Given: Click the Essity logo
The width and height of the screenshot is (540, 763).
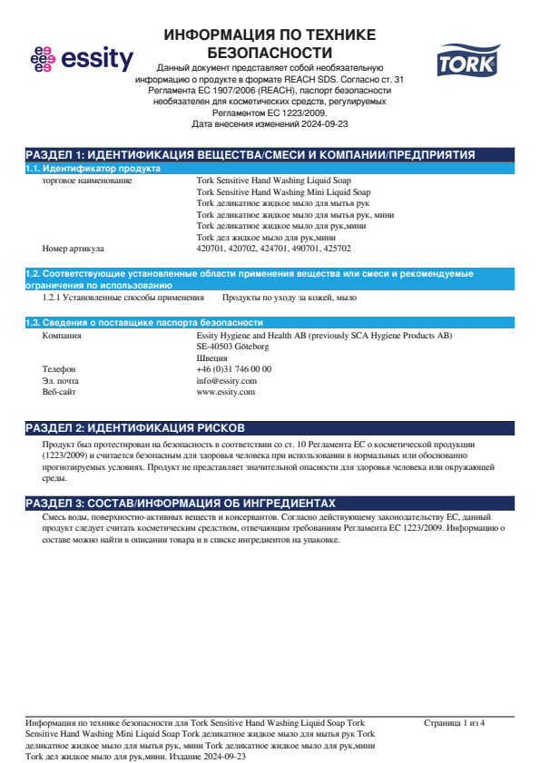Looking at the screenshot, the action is pos(82,60).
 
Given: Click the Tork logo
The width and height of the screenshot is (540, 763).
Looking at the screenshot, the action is pos(463,62).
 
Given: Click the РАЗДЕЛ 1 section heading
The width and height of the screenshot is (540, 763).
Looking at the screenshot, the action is pos(250,155).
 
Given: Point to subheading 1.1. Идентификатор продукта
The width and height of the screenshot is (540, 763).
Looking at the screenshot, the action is pos(93,169).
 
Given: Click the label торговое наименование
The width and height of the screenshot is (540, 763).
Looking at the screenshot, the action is pos(87,181).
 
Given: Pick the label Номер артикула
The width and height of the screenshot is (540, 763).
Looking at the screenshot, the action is pos(74,248).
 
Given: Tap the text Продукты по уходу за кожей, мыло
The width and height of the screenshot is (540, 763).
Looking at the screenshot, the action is pos(290,298).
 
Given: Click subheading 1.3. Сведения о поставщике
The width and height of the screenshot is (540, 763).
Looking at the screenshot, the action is pos(144,323).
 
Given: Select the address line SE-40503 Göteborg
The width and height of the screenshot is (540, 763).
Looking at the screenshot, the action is pos(232,347).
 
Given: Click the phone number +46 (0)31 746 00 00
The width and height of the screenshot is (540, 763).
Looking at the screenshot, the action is pos(233,369).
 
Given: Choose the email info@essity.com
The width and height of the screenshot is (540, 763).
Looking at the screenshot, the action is pos(226,381).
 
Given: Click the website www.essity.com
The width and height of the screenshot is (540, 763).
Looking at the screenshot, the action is pos(225,392).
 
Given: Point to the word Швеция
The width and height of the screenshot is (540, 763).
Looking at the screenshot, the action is pos(211,358).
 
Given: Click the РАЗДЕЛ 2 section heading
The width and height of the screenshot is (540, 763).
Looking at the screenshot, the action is pos(133,427).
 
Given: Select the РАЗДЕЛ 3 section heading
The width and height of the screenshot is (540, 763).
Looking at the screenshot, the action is pos(181,503).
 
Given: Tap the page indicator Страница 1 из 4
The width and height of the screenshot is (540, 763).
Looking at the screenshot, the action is pos(455,723).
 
